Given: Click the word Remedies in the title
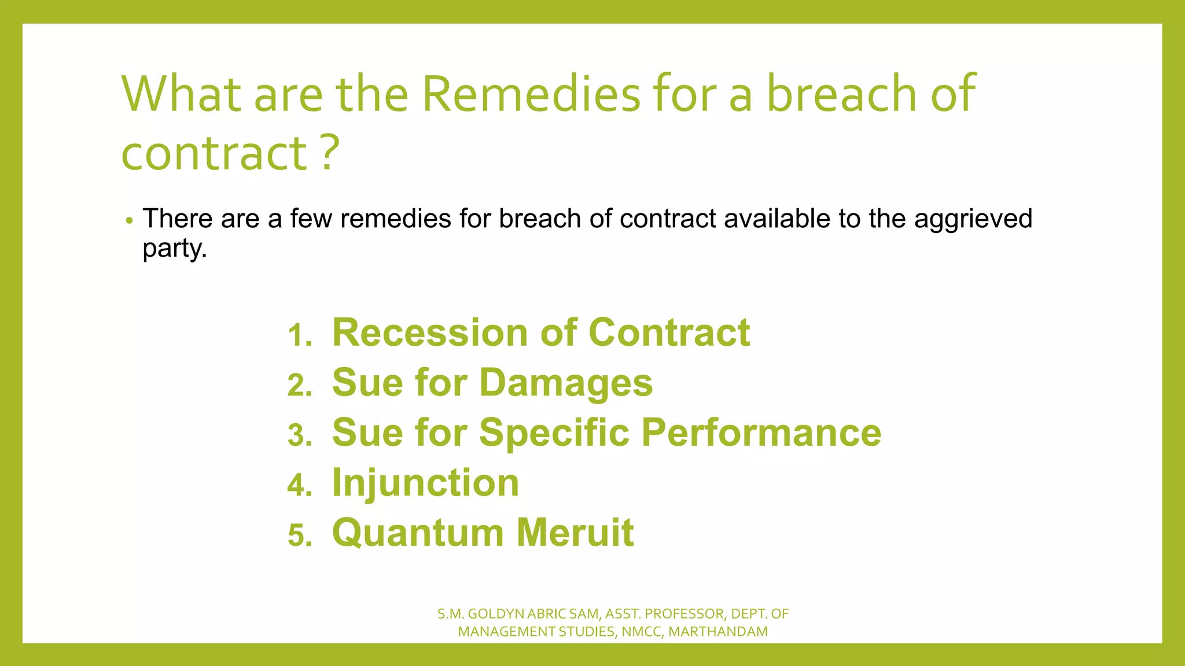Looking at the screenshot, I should tap(531, 94).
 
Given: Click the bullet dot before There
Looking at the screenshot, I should tap(130, 220).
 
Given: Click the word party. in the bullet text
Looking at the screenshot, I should tap(175, 249).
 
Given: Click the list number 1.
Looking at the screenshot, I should tap(300, 335).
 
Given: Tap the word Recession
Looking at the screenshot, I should tap(429, 333).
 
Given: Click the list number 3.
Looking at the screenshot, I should tap(300, 435).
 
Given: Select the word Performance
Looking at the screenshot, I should tap(761, 433).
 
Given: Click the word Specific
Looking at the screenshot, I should tap(554, 433).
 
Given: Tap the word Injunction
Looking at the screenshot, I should tap(425, 483).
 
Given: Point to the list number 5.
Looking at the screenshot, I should tap(300, 535).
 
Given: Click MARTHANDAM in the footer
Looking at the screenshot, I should tap(717, 632).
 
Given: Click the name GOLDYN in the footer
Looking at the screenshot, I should tap(496, 614).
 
